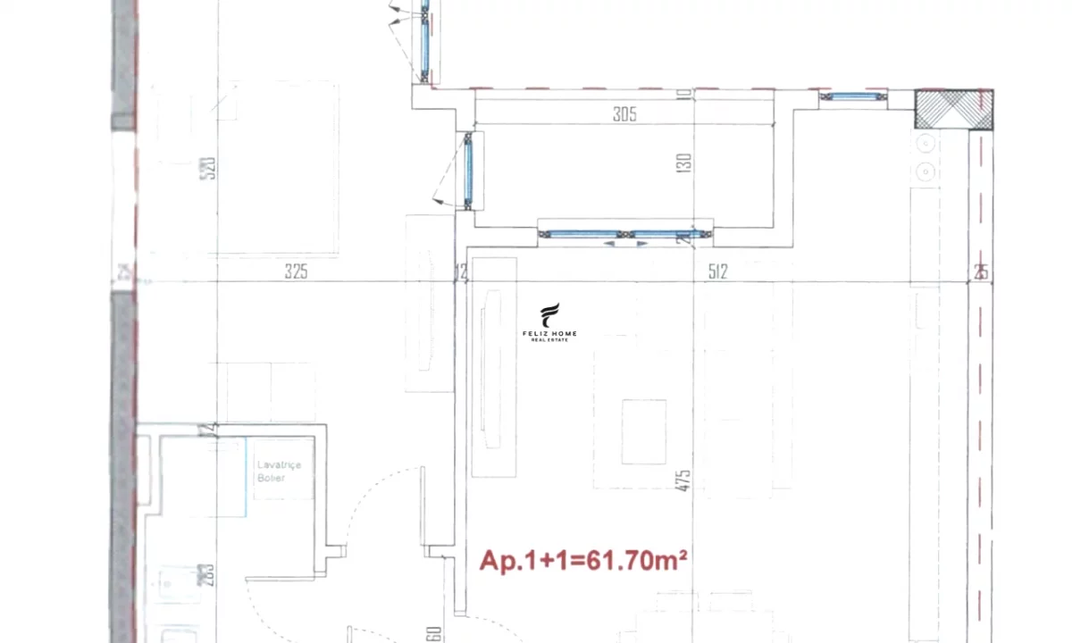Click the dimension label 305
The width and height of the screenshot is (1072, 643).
624,113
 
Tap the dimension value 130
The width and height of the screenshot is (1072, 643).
683,163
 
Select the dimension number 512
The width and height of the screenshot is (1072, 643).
717,271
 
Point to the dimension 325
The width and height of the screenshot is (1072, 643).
296,271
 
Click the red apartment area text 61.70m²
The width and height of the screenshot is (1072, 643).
584,560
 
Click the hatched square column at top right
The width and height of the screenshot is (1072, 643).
954,110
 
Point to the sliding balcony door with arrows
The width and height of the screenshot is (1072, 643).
625,235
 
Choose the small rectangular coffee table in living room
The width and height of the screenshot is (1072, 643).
643,431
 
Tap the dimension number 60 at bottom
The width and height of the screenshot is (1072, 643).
434,632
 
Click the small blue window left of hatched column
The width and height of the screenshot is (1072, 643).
852,96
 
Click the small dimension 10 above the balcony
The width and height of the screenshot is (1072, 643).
684,94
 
